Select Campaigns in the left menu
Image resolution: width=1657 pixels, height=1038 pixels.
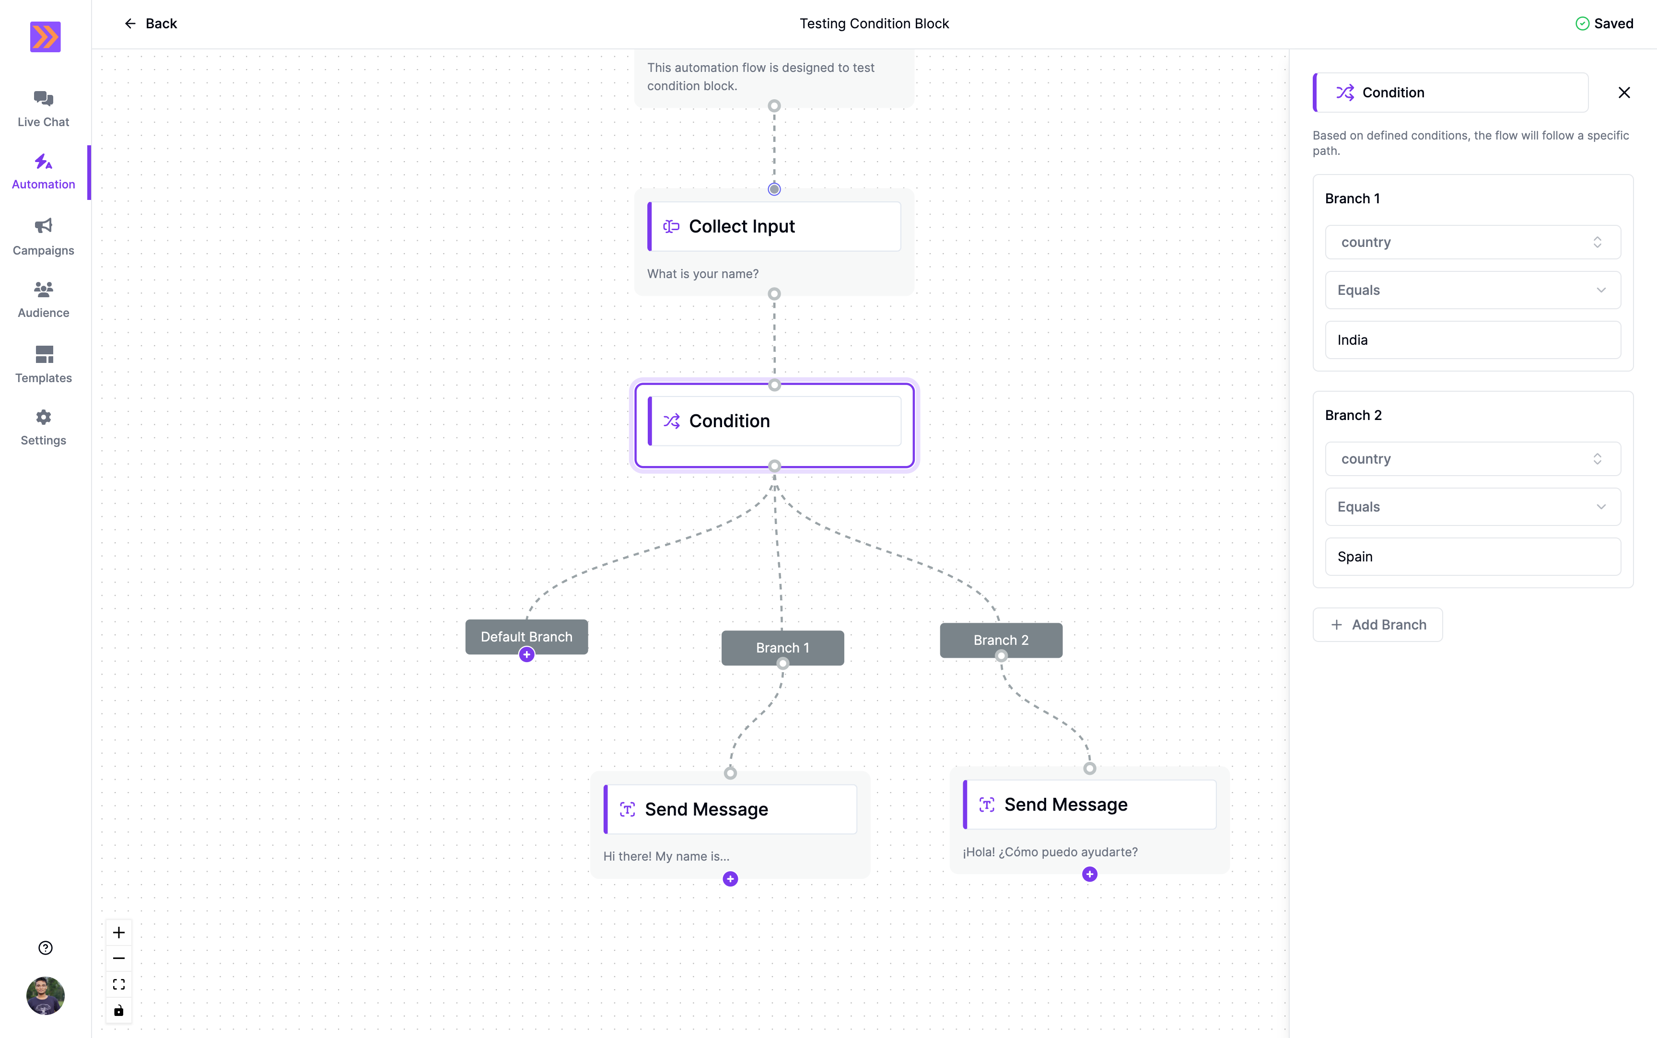(43, 237)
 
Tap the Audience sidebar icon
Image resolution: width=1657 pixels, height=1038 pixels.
(43, 289)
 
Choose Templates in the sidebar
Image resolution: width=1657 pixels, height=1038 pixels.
(43, 364)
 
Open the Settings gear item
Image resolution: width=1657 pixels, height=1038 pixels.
(43, 428)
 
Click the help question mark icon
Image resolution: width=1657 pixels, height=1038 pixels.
(45, 948)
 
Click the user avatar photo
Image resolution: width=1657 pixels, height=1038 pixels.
(45, 995)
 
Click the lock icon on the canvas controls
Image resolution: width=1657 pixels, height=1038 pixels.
(119, 1011)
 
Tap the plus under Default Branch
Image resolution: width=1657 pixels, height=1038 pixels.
(526, 655)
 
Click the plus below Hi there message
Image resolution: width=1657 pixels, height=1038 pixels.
(730, 879)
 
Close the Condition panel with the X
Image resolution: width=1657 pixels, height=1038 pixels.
(1624, 93)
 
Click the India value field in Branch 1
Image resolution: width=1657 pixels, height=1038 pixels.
(1473, 340)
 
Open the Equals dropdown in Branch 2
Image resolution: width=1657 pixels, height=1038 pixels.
(1473, 507)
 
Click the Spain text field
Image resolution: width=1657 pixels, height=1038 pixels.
(1473, 557)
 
